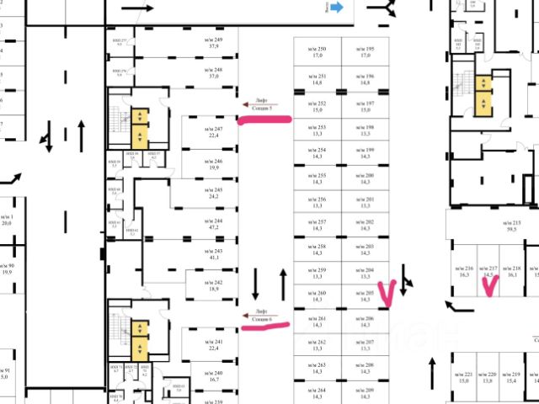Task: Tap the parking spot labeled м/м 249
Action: pos(214,44)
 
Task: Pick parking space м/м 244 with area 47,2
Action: pos(214,223)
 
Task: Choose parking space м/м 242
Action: pos(214,284)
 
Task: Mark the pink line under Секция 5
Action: pos(264,120)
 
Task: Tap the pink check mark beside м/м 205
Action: pos(387,293)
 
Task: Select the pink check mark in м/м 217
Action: pos(488,284)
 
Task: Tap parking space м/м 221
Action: pos(464,377)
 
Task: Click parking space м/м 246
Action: pos(214,164)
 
